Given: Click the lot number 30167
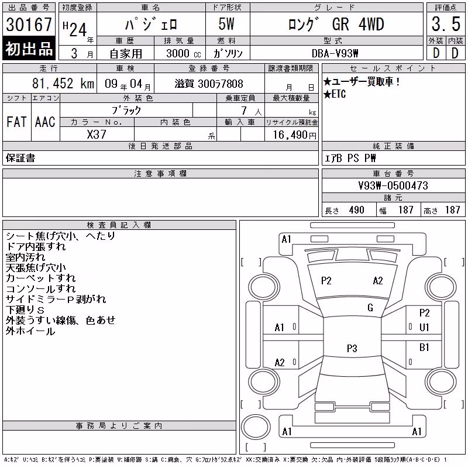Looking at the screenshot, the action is point(29,25).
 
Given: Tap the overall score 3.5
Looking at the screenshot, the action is point(446,24).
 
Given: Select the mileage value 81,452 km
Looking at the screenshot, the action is point(63,84).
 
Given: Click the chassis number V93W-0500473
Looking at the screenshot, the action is point(393,185).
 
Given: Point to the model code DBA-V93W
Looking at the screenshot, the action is point(335,53).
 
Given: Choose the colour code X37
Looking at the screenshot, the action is point(97,135).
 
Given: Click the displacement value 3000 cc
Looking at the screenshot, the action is point(184,53).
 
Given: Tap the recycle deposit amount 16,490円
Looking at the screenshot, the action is point(294,135).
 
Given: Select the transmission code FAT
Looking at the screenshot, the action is point(16,122).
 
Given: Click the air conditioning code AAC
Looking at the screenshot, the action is point(45,122).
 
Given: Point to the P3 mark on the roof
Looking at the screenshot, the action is point(352,348).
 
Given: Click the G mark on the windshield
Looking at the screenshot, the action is point(370,308).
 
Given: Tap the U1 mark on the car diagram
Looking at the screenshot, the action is point(424,328).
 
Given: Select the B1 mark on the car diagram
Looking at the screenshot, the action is point(424,347).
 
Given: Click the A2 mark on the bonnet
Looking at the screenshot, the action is point(378,281).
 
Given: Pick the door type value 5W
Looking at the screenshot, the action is point(226,24).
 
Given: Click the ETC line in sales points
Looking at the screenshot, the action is point(335,94).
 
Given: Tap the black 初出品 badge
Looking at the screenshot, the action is point(29,48).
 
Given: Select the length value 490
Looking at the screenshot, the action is point(356,210).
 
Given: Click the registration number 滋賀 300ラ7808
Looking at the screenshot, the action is point(209,84).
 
